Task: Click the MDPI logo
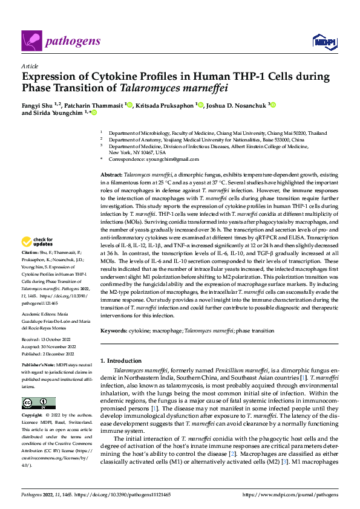(324, 42)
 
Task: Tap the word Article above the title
(29, 66)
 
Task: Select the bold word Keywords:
(114, 331)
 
